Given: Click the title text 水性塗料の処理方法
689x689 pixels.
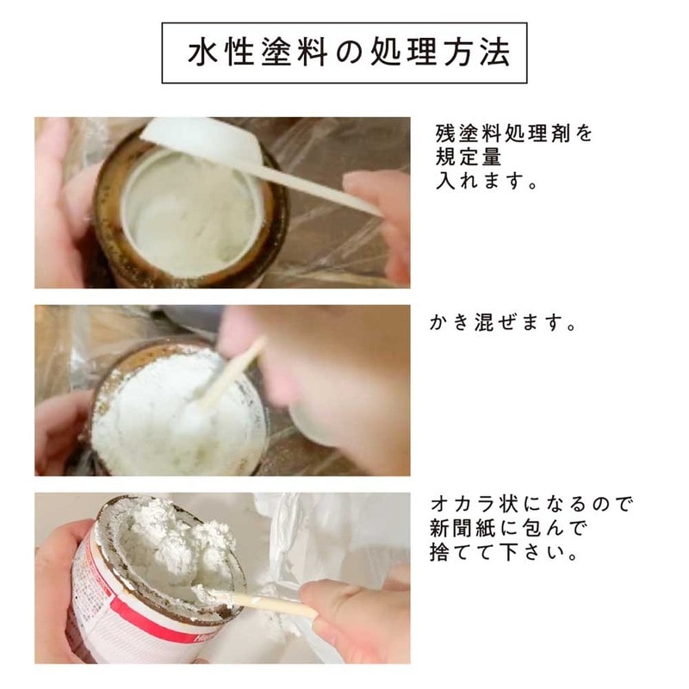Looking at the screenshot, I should (x=344, y=53).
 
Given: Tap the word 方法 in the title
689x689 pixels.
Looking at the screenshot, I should (x=474, y=53).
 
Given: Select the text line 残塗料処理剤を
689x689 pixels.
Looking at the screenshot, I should (x=513, y=135).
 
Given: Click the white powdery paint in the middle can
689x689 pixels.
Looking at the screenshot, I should (x=155, y=413).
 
